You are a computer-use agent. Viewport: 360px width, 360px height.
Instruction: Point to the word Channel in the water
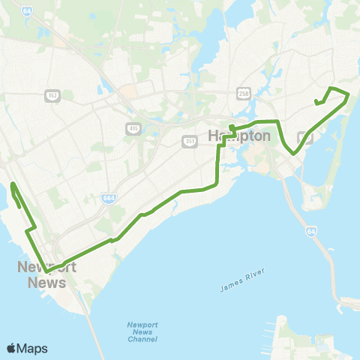coord(142,340)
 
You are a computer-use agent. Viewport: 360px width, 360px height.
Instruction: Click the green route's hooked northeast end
coord(317,103)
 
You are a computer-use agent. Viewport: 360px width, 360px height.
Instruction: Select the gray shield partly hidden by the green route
coord(305,136)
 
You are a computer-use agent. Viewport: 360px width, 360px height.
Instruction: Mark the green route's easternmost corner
coord(349,93)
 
